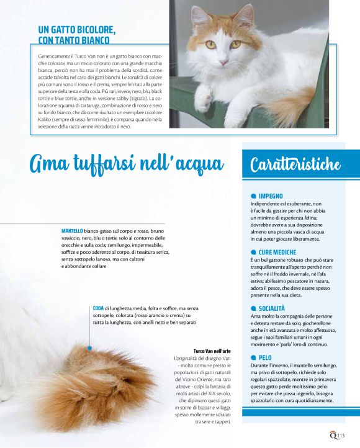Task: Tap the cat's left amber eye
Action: [x=211, y=44]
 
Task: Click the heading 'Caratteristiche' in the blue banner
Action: [x=295, y=164]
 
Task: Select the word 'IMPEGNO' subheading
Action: [x=272, y=195]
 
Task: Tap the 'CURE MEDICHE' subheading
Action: [x=277, y=251]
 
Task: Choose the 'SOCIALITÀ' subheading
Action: [x=272, y=308]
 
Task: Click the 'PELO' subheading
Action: [x=265, y=357]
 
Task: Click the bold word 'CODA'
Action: [x=97, y=308]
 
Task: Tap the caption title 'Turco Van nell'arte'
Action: [x=212, y=351]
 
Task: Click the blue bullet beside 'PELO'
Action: [x=253, y=357]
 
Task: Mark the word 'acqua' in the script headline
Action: [x=197, y=164]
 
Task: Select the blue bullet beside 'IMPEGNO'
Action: [x=253, y=195]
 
